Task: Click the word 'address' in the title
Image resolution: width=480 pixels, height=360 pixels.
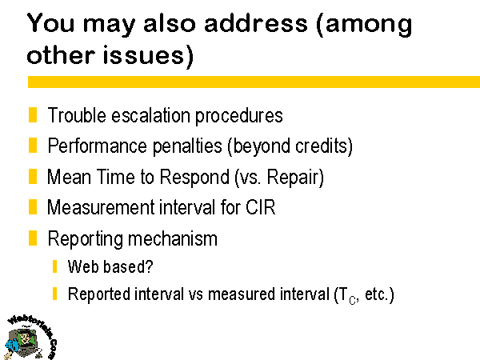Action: [x=256, y=23]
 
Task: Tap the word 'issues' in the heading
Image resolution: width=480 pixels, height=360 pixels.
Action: [x=143, y=54]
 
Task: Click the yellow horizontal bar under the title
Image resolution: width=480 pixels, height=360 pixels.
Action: [x=254, y=82]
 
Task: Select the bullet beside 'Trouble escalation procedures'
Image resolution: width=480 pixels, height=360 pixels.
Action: [x=33, y=114]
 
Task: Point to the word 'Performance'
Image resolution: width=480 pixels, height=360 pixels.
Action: [x=98, y=146]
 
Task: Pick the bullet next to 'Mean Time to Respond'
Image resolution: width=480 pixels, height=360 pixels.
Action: [x=33, y=176]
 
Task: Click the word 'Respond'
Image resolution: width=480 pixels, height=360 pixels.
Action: [x=194, y=178]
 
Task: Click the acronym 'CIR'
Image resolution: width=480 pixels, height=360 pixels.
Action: [x=261, y=207]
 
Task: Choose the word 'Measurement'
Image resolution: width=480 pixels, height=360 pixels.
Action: [x=101, y=207]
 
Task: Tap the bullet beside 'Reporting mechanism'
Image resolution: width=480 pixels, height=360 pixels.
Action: [x=33, y=238]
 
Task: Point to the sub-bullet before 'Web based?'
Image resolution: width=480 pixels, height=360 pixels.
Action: [x=54, y=266]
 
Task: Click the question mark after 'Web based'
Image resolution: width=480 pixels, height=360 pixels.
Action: [x=150, y=266]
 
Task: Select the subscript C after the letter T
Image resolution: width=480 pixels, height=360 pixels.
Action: [x=352, y=300]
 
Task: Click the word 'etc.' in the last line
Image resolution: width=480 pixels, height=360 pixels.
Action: [x=376, y=294]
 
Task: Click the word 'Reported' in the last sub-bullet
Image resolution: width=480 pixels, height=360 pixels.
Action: [x=99, y=294]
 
